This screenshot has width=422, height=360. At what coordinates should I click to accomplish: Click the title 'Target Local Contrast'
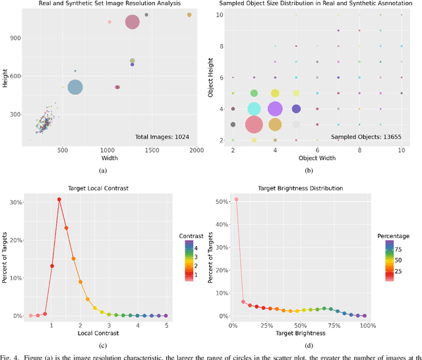click(98, 189)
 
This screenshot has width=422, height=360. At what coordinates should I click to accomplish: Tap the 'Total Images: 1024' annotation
click(163, 136)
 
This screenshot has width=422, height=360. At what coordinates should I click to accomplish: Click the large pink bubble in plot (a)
click(133, 22)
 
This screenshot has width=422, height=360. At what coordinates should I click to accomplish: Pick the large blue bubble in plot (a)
click(75, 87)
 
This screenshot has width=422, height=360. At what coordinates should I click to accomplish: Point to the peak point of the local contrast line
click(59, 199)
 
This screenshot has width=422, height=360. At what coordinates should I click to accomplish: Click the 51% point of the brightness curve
click(236, 199)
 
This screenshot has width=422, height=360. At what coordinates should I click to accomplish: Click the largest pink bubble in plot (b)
click(254, 124)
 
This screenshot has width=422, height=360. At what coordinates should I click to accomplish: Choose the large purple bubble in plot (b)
click(275, 109)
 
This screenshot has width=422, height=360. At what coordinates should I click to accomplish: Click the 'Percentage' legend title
click(394, 236)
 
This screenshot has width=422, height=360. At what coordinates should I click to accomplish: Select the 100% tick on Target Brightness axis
click(367, 326)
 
